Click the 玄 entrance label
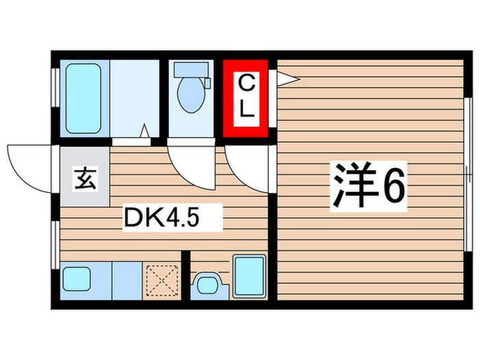pos(85,181)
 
